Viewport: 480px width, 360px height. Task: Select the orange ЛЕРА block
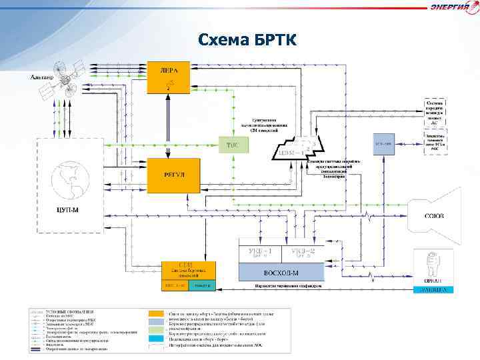[x=167, y=78]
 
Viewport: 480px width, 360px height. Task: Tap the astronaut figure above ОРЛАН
[x=434, y=263]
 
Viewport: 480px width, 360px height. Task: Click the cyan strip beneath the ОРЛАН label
[x=434, y=290]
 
